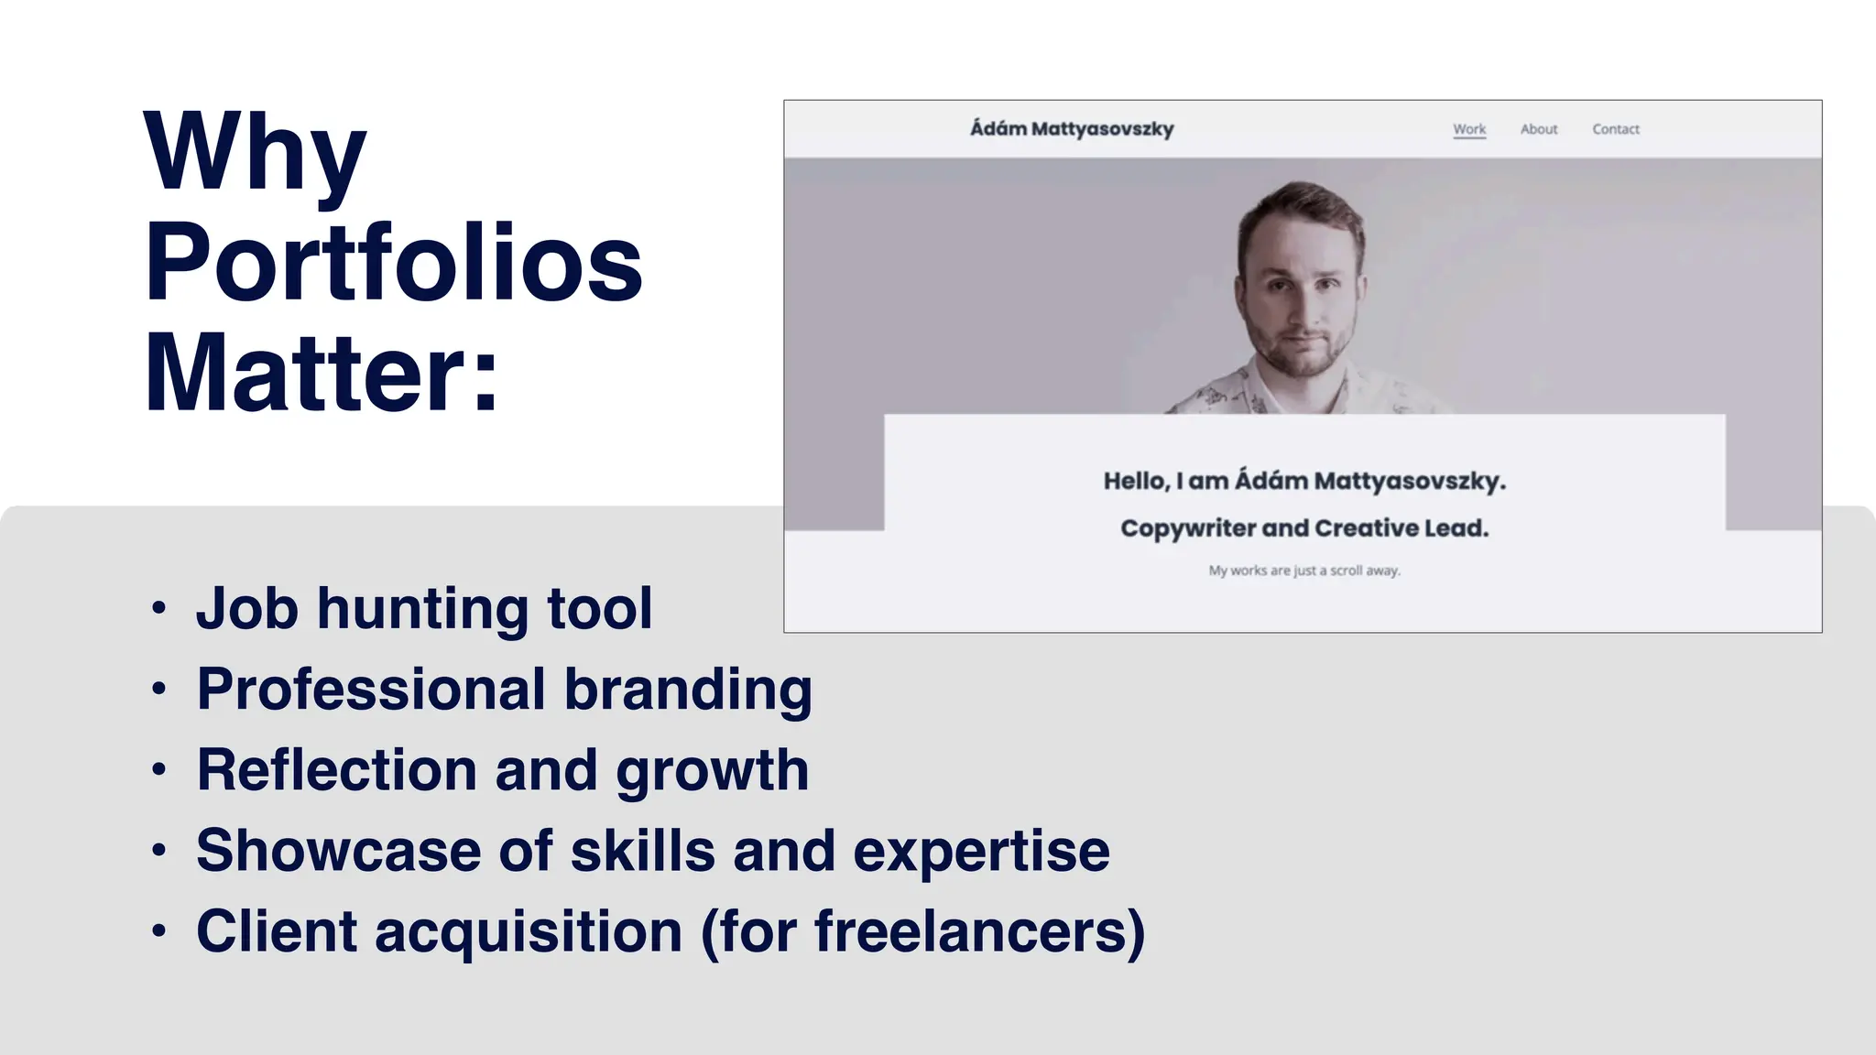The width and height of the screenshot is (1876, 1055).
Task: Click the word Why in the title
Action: pos(255,154)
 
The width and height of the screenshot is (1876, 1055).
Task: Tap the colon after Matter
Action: pos(486,375)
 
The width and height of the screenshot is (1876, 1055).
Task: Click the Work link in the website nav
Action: pos(1469,129)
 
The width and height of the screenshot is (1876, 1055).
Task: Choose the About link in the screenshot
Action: pos(1539,129)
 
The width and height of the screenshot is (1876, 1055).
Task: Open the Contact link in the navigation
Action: pos(1616,129)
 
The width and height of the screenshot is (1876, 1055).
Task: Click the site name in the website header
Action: pos(1072,129)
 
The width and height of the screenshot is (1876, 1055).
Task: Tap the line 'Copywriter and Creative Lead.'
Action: pos(1304,528)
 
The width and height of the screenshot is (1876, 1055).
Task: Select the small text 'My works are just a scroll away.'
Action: pos(1304,571)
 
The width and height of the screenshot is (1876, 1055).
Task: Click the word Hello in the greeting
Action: pos(1136,481)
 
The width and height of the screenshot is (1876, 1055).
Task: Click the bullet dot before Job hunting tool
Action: pos(159,608)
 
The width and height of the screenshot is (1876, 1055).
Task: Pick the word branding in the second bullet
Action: pos(687,689)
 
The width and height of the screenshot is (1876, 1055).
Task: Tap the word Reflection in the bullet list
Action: pos(336,769)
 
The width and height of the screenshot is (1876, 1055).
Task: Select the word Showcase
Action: pos(338,850)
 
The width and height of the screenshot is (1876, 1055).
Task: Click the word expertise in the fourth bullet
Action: pos(981,852)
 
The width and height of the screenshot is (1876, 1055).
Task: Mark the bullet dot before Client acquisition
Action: pos(159,931)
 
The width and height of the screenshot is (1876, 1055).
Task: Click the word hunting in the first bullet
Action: pos(422,609)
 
